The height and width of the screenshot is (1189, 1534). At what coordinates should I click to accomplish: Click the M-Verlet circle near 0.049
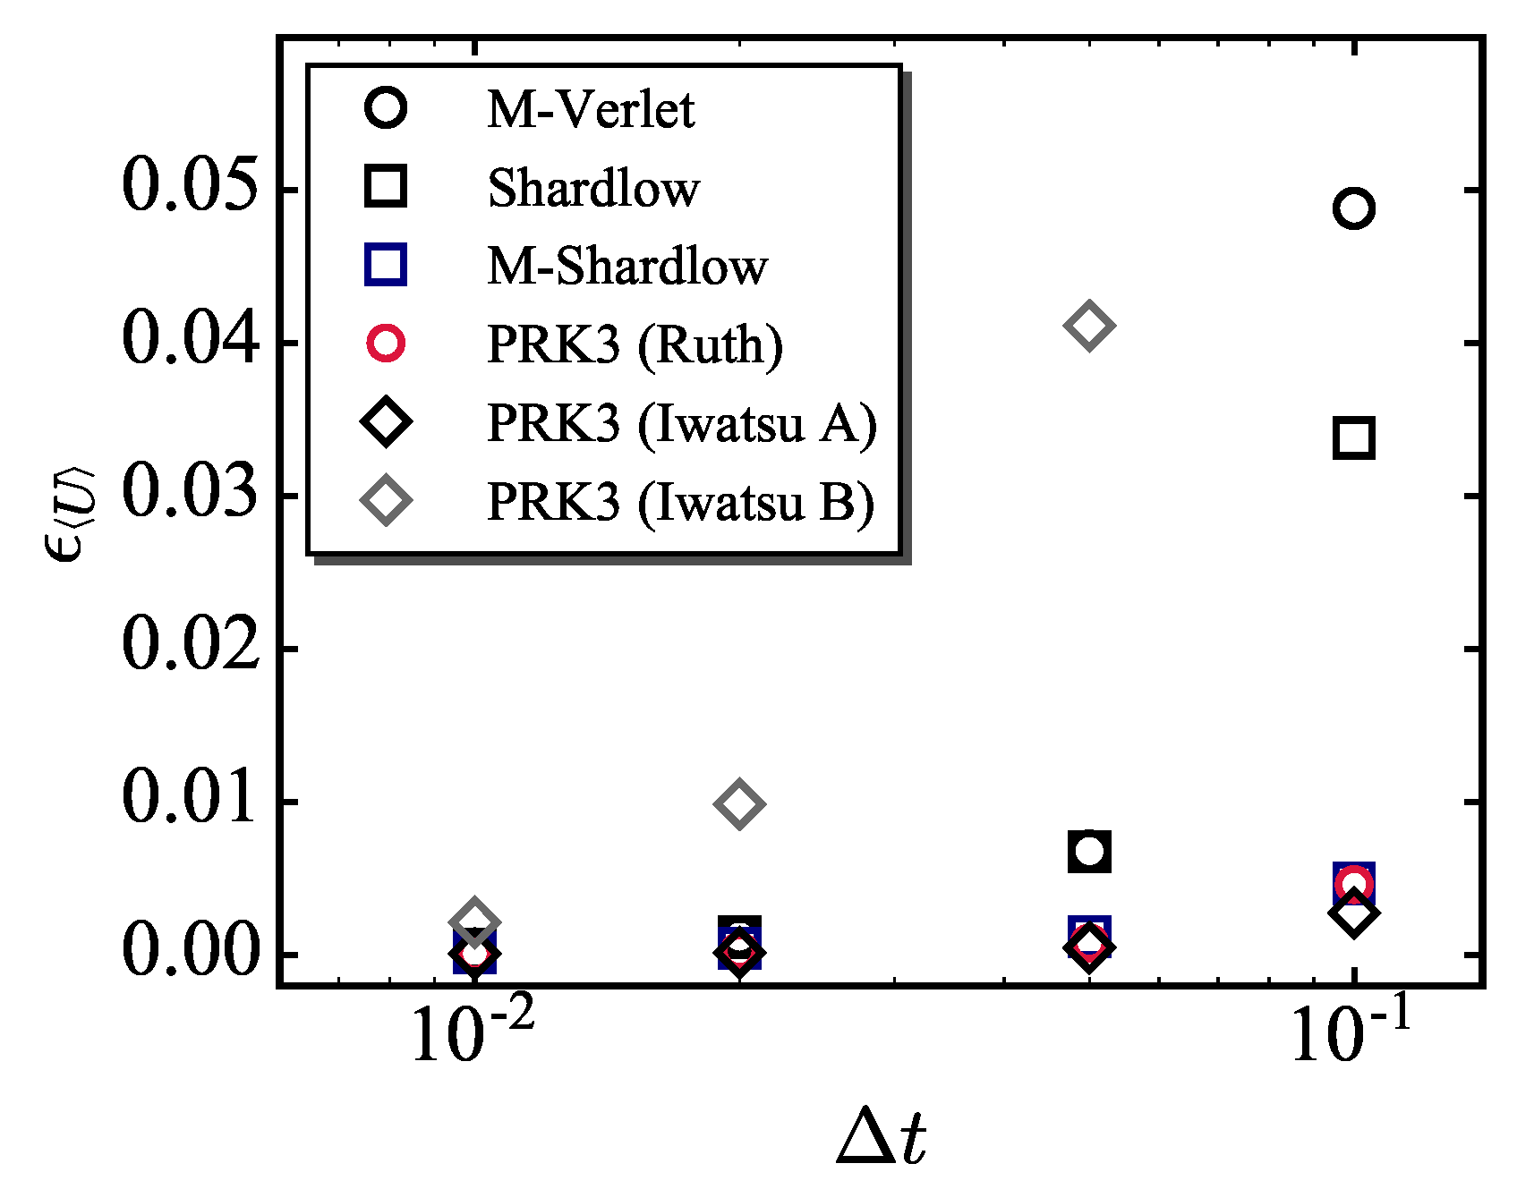pyautogui.click(x=1353, y=208)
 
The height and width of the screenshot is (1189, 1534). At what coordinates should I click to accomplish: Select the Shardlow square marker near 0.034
pyautogui.click(x=1353, y=438)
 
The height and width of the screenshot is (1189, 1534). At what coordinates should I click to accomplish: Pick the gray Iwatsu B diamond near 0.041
pyautogui.click(x=1089, y=325)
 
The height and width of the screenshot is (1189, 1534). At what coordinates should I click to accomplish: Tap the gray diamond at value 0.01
pyautogui.click(x=739, y=803)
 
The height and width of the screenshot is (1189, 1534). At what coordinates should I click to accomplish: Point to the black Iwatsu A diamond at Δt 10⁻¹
pyautogui.click(x=1353, y=913)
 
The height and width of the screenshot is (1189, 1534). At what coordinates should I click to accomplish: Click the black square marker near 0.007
pyautogui.click(x=1089, y=851)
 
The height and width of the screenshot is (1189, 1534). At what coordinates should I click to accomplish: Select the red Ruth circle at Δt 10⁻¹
pyautogui.click(x=1353, y=883)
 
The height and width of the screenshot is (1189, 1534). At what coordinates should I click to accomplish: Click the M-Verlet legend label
pyautogui.click(x=591, y=110)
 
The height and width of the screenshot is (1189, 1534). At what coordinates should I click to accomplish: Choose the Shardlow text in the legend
pyautogui.click(x=593, y=189)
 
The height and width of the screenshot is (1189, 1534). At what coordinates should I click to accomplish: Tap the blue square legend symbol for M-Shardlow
pyautogui.click(x=386, y=266)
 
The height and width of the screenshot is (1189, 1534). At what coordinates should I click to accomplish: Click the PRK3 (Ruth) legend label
pyautogui.click(x=635, y=344)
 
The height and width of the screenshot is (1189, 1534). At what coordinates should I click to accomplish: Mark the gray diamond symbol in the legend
pyautogui.click(x=386, y=501)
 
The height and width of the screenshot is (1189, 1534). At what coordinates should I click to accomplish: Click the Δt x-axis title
pyautogui.click(x=882, y=1139)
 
